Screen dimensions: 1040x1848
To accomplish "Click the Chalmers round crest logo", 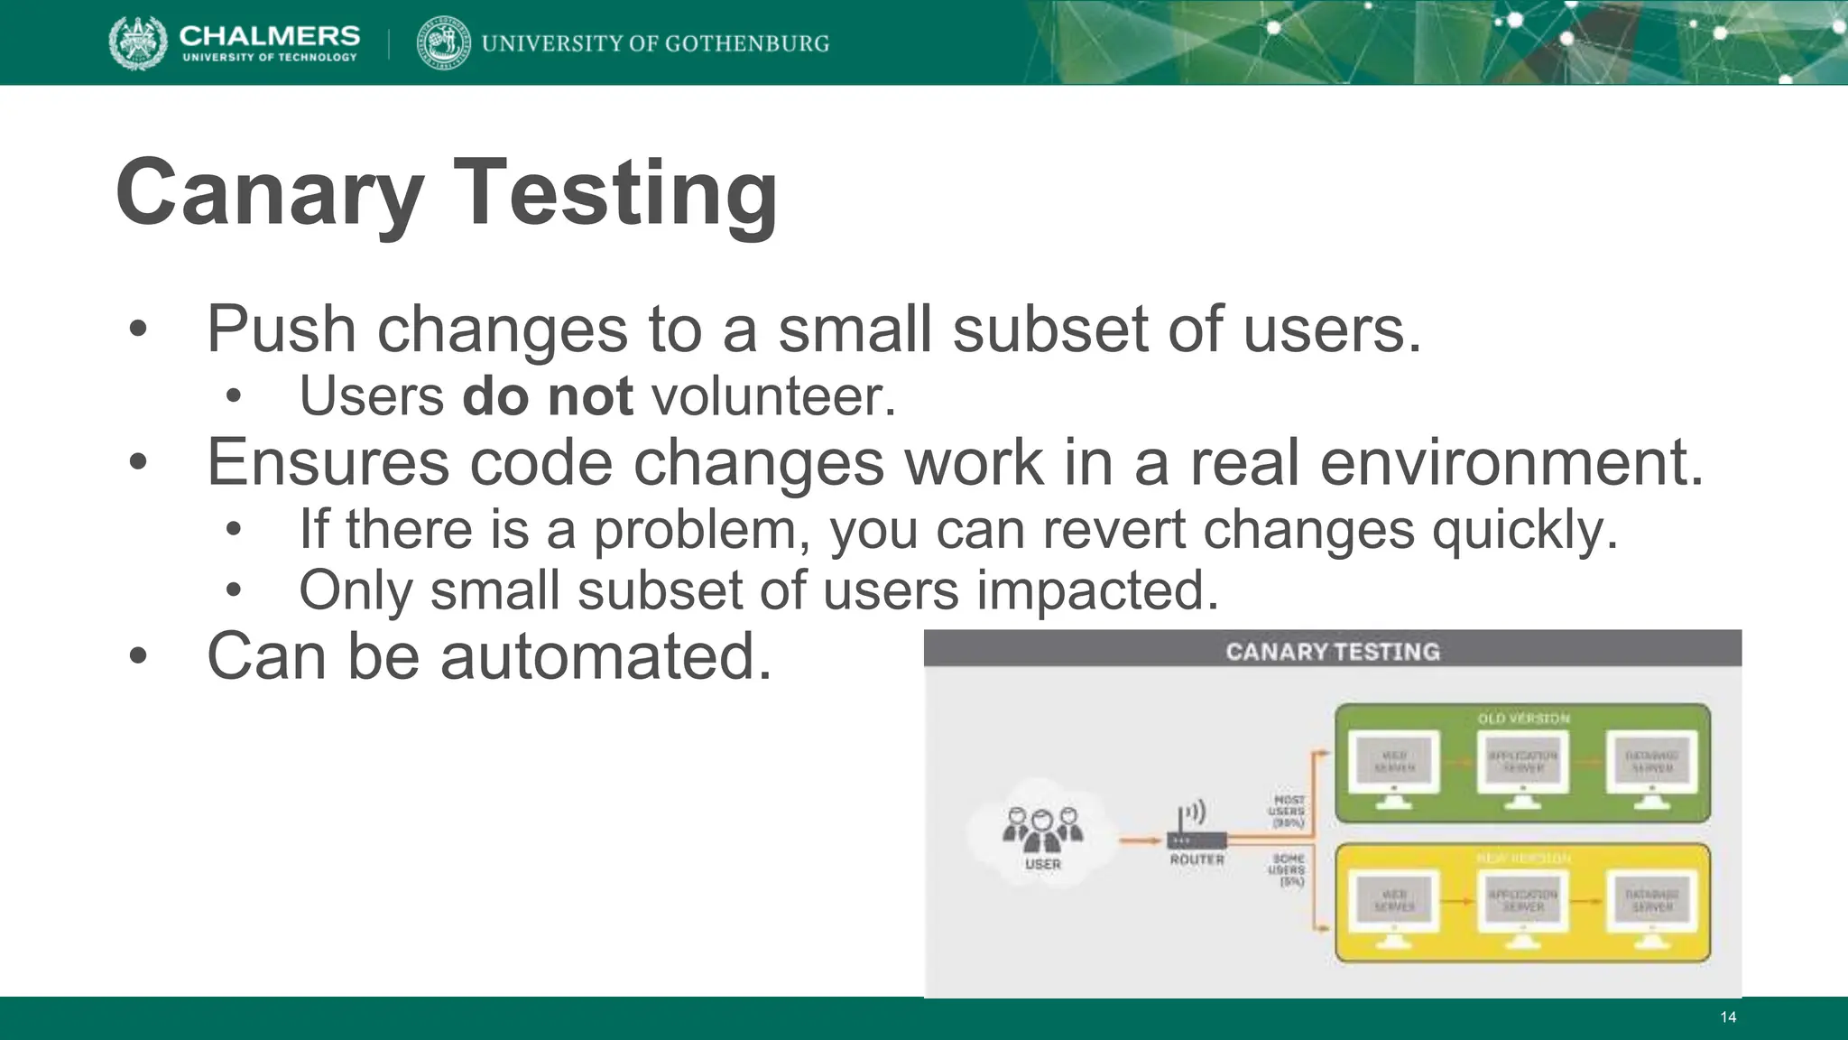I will [138, 42].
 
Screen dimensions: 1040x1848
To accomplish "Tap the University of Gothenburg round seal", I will [443, 42].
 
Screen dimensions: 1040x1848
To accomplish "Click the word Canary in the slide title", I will [270, 192].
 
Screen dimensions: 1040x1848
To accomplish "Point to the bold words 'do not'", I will [548, 395].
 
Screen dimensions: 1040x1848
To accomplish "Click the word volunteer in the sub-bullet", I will [772, 395].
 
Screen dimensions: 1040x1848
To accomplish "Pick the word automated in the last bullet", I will [605, 655].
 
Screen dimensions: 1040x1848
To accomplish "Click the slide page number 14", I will [1727, 1017].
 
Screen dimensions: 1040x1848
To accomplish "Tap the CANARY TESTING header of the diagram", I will [1332, 651].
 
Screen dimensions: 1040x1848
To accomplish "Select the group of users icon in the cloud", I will [1042, 830].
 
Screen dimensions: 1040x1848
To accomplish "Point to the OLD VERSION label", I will [1523, 719].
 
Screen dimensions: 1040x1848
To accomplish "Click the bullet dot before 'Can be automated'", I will [137, 657].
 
